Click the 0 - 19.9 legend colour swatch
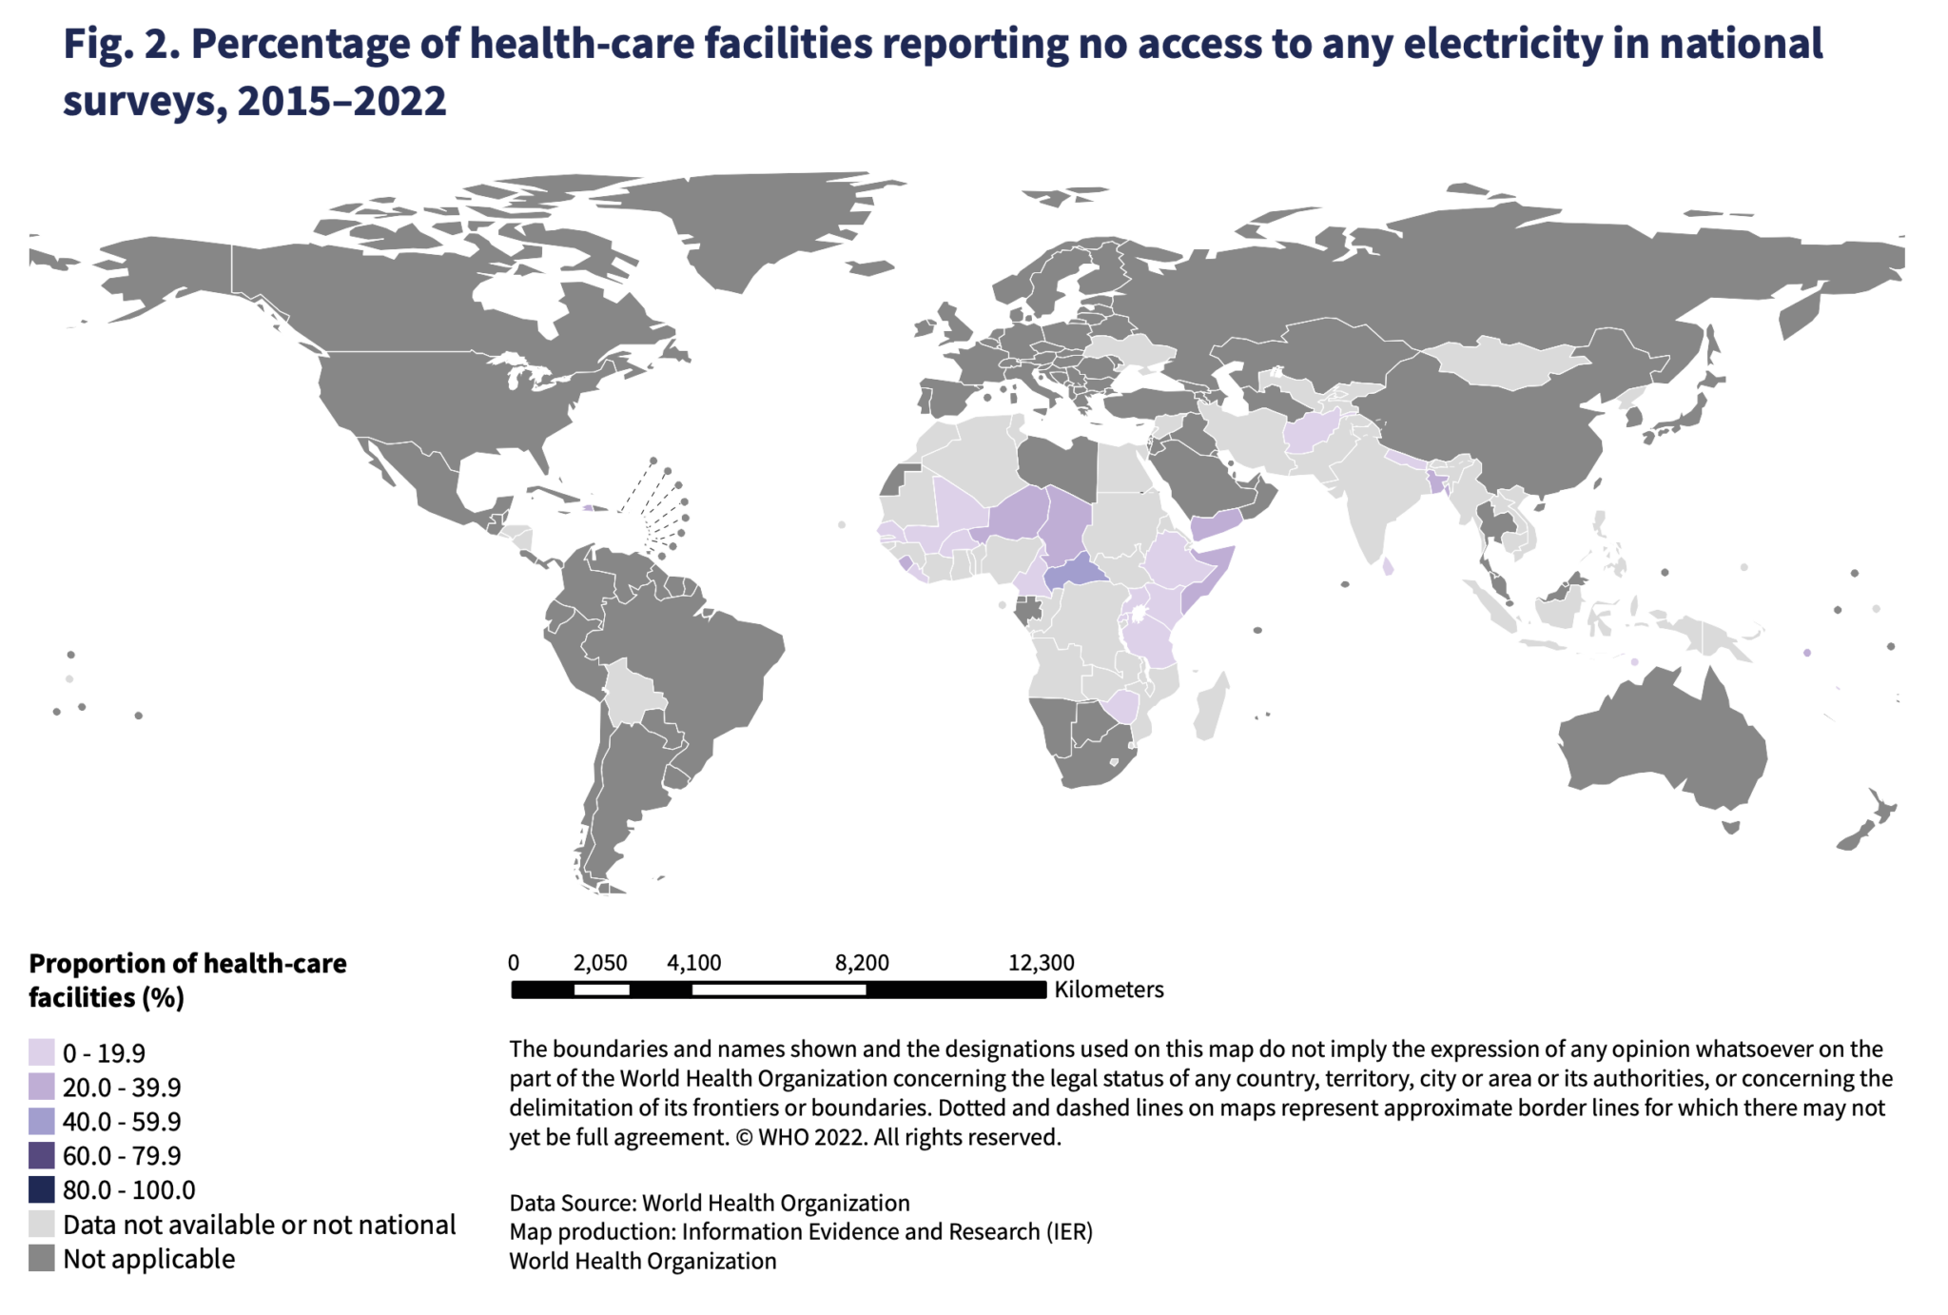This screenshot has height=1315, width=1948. (41, 1052)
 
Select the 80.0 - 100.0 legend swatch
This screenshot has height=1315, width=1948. (41, 1189)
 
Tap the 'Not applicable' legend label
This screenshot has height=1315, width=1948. (148, 1258)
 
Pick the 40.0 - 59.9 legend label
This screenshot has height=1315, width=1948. (122, 1121)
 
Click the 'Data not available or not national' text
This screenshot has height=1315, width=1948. (259, 1224)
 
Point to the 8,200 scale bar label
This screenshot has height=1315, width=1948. (862, 962)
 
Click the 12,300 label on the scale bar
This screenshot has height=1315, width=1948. (1042, 962)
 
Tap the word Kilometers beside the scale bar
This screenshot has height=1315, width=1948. (1109, 990)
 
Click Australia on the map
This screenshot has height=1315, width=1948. (1665, 742)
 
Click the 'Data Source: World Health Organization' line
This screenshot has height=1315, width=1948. (710, 1203)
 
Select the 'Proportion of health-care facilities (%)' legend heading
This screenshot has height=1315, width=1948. (187, 980)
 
